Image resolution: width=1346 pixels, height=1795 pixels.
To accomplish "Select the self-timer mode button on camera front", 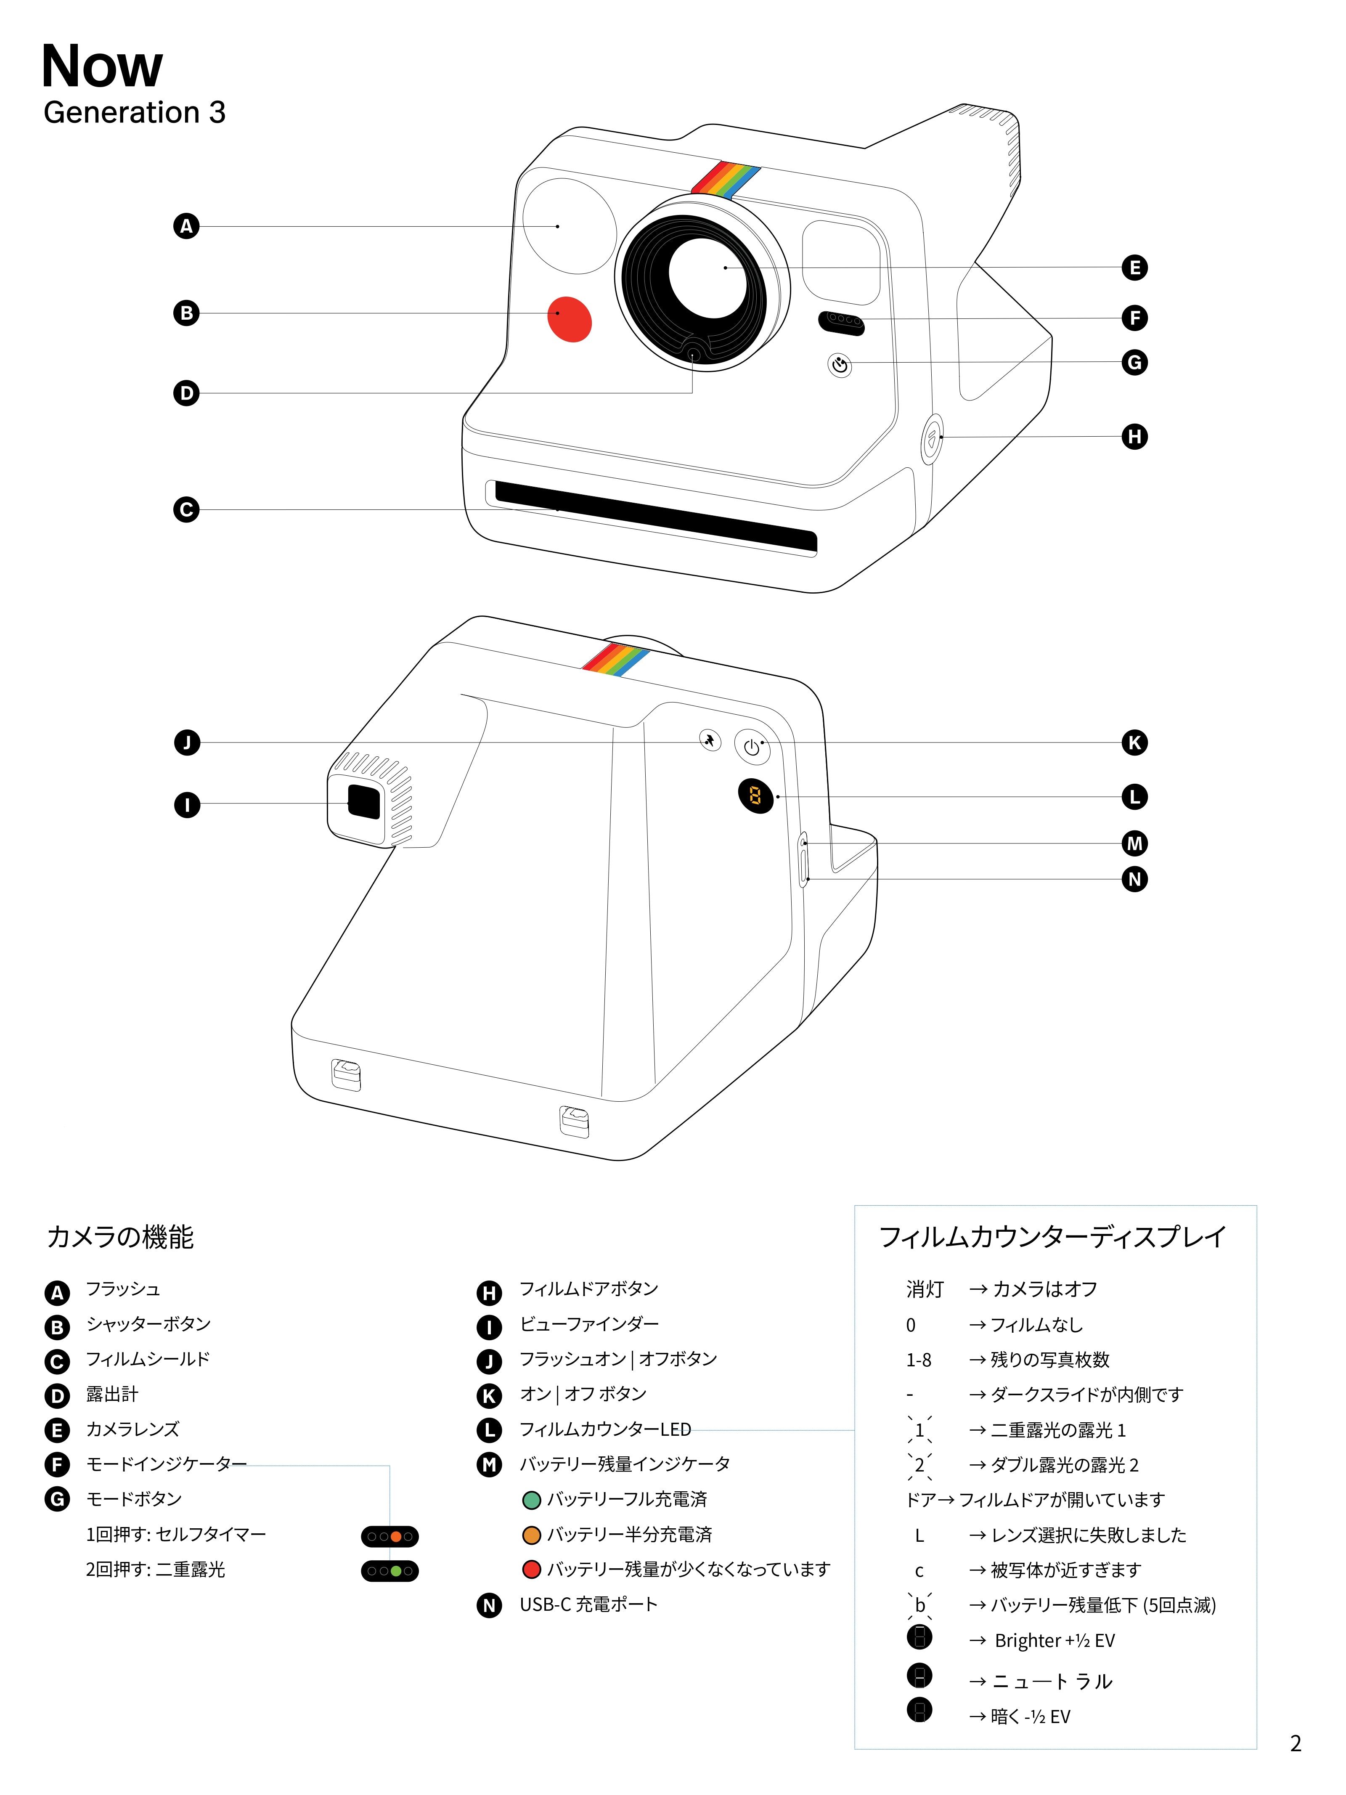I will tap(840, 365).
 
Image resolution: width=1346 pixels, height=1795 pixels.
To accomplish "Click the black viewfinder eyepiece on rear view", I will tap(363, 802).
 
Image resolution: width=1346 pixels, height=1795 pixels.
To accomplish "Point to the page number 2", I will tap(1295, 1743).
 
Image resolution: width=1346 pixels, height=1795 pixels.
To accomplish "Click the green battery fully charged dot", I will tap(531, 1500).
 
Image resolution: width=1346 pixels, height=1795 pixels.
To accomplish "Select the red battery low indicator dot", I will tap(531, 1570).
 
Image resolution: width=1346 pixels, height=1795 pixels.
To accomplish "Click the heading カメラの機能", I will tap(120, 1237).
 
